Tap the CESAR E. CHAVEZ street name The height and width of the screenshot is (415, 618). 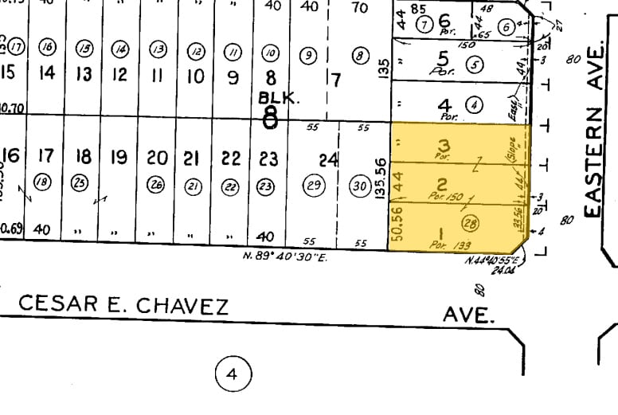click(123, 305)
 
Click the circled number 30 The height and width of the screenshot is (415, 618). click(360, 186)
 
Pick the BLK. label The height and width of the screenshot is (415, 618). click(278, 98)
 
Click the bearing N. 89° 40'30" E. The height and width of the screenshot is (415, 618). click(286, 256)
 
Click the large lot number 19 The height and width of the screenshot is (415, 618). click(118, 158)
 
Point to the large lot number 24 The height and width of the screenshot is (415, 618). click(329, 159)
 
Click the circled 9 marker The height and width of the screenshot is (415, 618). click(310, 56)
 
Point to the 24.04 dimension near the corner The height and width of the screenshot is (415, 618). click(503, 271)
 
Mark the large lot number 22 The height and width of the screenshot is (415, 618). click(231, 158)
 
